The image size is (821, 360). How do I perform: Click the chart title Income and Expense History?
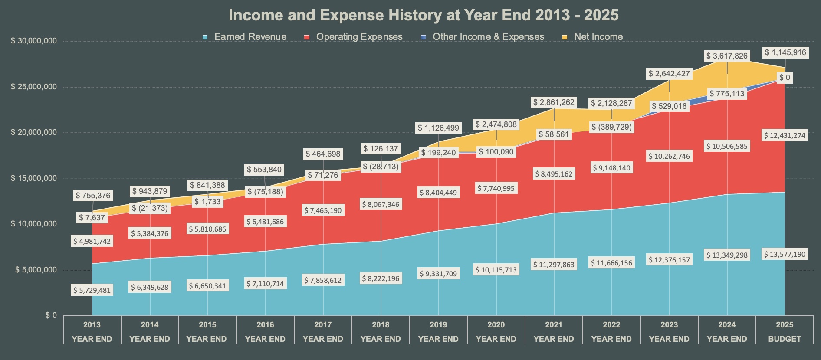click(x=423, y=15)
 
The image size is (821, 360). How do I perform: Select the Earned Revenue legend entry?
click(x=250, y=37)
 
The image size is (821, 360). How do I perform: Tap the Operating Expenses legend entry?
click(x=359, y=37)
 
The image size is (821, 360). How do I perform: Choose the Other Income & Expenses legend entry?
click(x=488, y=37)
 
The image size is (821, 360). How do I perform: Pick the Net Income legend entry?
click(x=598, y=37)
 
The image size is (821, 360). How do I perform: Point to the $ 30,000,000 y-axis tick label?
click(x=34, y=41)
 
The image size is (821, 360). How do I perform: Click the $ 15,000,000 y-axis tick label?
click(x=34, y=178)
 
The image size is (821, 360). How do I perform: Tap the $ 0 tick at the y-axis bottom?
click(x=51, y=315)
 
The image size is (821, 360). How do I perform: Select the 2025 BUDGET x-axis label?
click(x=785, y=332)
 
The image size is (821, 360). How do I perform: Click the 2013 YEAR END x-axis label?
click(x=92, y=332)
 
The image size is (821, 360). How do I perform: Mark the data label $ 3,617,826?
click(x=727, y=56)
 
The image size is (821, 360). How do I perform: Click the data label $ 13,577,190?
click(x=785, y=254)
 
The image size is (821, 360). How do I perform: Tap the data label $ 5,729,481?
click(x=92, y=290)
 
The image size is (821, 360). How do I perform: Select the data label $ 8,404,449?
click(x=438, y=193)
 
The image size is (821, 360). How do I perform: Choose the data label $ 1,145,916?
click(x=785, y=52)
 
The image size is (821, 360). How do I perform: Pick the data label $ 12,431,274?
click(x=785, y=135)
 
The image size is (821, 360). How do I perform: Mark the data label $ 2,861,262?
click(x=554, y=102)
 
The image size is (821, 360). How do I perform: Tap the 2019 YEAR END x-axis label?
click(x=438, y=332)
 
